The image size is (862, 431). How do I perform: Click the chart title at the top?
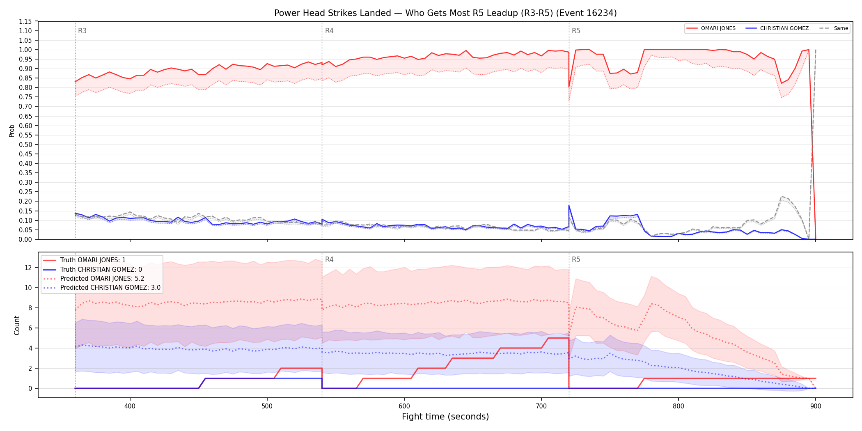point(445,13)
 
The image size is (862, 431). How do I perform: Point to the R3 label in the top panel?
point(82,31)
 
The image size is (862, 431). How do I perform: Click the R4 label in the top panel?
point(329,31)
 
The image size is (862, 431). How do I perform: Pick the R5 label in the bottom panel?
point(576,259)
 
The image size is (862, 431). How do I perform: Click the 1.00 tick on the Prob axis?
point(25,50)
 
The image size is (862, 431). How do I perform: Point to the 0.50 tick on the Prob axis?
point(25,144)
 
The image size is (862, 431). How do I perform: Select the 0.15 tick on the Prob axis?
point(25,211)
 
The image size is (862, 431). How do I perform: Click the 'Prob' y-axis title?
point(11,131)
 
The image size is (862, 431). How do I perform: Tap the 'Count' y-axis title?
point(17,325)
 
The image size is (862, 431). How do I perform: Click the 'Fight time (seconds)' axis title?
point(445,417)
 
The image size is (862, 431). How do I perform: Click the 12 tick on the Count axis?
point(28,268)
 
